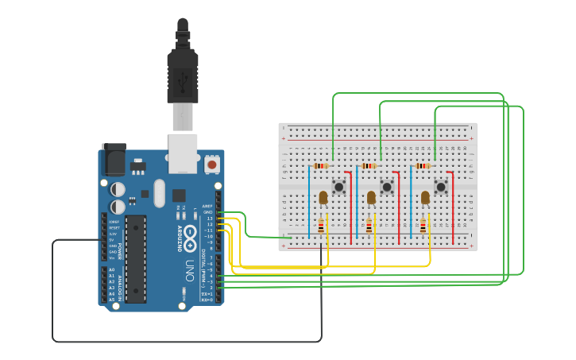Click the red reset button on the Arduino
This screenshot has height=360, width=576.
(212, 164)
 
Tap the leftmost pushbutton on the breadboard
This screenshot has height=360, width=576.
(339, 187)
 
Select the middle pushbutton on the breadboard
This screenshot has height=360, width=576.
(387, 187)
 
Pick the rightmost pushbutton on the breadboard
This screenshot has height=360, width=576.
(441, 187)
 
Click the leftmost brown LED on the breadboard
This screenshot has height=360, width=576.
(323, 197)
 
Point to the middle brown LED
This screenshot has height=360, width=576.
(371, 197)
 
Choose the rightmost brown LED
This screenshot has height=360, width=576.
(425, 197)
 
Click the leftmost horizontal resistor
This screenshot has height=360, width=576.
(321, 166)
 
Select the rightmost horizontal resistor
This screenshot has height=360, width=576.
(423, 166)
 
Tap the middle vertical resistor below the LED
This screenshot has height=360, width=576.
(369, 226)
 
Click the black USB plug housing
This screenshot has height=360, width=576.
(183, 75)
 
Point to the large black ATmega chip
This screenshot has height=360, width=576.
(136, 258)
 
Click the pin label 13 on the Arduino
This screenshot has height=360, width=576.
(210, 219)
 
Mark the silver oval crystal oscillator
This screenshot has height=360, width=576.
(159, 193)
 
